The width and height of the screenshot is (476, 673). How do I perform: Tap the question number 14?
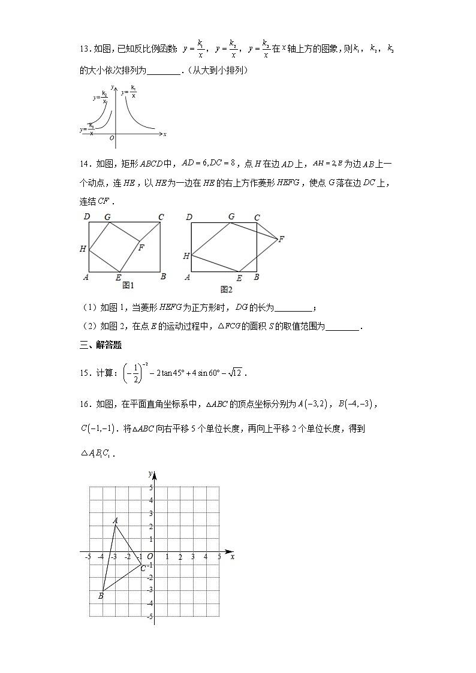(x=85, y=162)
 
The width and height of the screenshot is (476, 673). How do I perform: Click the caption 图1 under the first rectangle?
(x=127, y=286)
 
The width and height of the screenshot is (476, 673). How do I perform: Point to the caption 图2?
(x=226, y=289)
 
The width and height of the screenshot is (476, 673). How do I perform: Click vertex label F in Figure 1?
(x=141, y=246)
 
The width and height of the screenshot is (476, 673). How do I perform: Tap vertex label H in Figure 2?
(x=186, y=256)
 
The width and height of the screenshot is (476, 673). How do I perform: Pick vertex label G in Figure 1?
(x=107, y=217)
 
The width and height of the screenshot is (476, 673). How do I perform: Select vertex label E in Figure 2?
(x=239, y=278)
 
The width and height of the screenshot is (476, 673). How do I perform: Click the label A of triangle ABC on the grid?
(x=115, y=520)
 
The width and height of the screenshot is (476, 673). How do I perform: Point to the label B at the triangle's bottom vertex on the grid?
(x=101, y=596)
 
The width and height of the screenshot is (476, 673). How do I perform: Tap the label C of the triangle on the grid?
(x=143, y=568)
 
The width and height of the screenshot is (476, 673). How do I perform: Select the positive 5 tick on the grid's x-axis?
(x=219, y=557)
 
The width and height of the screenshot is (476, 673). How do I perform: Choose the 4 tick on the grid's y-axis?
(x=151, y=500)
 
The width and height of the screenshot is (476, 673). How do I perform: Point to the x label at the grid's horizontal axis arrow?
(x=232, y=557)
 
